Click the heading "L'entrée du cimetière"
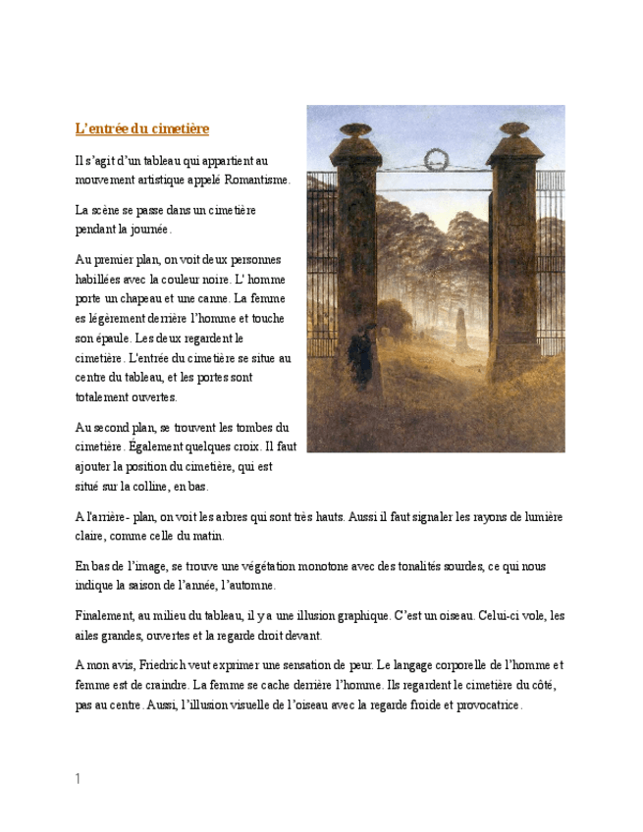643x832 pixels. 142,129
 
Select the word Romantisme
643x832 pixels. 257,180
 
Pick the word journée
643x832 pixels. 147,230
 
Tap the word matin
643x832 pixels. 209,537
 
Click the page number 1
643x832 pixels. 78,779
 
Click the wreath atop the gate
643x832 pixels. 435,158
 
